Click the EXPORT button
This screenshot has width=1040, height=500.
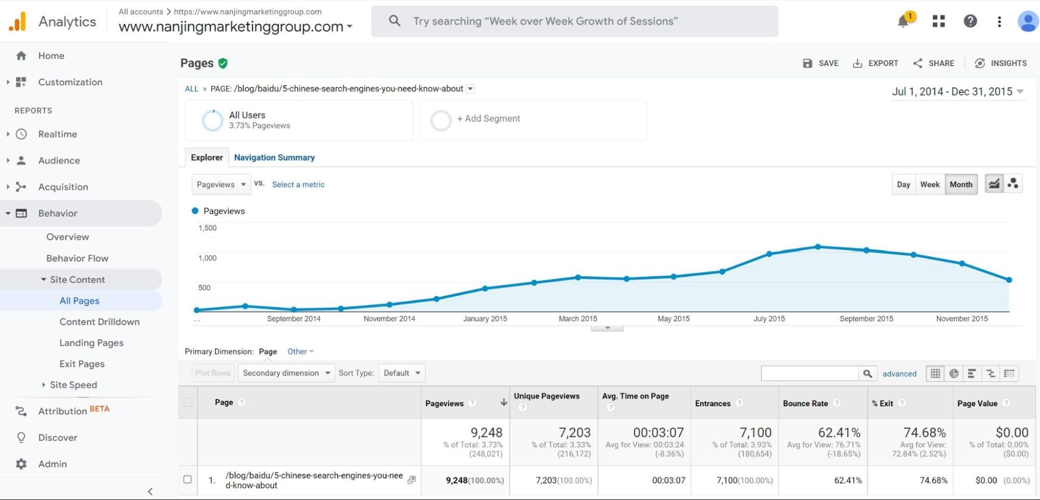click(x=876, y=63)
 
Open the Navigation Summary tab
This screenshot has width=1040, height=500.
click(x=274, y=157)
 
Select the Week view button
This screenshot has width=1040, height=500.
click(x=930, y=184)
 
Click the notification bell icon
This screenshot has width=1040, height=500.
click(x=903, y=21)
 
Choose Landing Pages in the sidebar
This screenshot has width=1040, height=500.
click(x=92, y=342)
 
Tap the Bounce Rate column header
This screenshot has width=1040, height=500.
click(x=805, y=403)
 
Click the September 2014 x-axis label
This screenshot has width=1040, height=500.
click(x=293, y=318)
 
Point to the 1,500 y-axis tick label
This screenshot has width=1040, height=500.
click(x=207, y=228)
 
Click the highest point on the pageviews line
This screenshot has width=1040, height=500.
click(x=818, y=247)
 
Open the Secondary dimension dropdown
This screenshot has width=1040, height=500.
click(x=286, y=373)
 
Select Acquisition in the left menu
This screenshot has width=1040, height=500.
click(x=63, y=187)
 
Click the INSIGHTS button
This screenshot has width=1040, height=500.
click(x=1001, y=63)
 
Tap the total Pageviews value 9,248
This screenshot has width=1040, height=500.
click(x=486, y=432)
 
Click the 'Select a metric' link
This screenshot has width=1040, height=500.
click(x=298, y=184)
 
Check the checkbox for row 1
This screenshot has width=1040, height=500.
click(x=188, y=479)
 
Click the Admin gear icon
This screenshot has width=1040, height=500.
click(x=21, y=464)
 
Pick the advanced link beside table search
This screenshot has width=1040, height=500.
click(x=899, y=374)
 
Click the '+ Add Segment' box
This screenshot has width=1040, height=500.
click(x=533, y=119)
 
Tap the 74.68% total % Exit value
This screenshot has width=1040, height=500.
click(x=925, y=432)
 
